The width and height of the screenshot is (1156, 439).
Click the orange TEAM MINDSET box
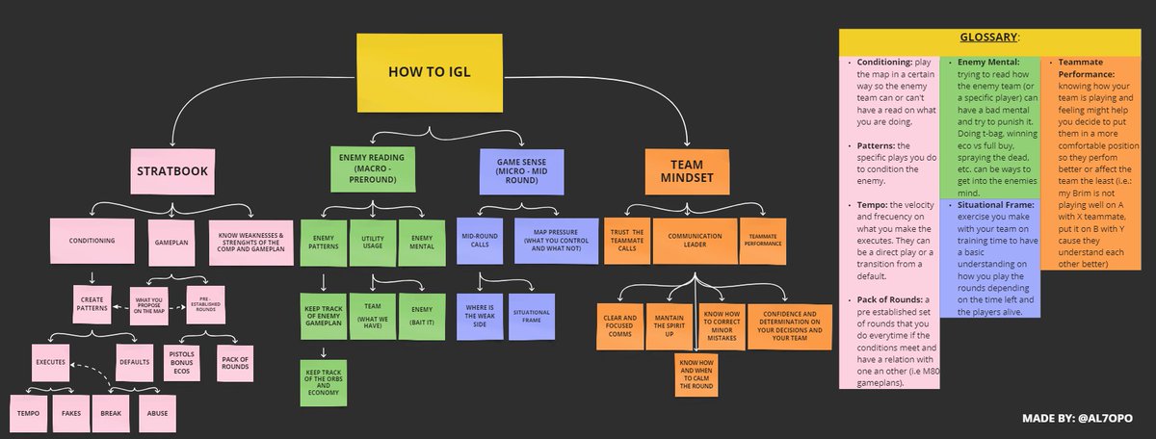pos(689,170)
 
